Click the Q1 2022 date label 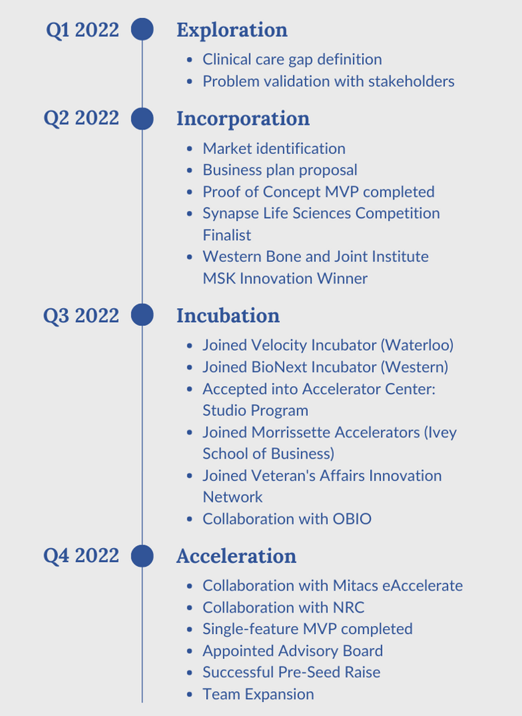(x=82, y=30)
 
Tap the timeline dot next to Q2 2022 (x=142, y=119)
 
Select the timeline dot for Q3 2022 (x=142, y=315)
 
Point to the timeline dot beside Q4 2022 (x=142, y=556)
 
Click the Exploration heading (x=232, y=31)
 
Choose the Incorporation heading (x=243, y=119)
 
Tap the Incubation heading (x=228, y=315)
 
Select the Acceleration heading (x=236, y=556)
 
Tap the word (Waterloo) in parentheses (x=417, y=345)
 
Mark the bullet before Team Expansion (x=190, y=694)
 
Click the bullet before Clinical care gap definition (x=190, y=60)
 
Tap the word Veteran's (x=283, y=475)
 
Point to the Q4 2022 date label (x=81, y=556)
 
